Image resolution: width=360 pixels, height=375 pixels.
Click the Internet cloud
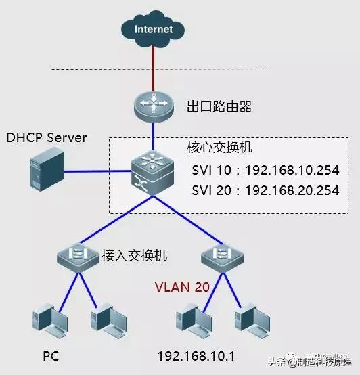tap(154, 30)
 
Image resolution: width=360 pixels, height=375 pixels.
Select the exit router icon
tap(154, 105)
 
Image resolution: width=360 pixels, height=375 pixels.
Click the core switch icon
tap(154, 175)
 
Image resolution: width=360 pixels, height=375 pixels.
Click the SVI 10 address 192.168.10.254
tap(292, 170)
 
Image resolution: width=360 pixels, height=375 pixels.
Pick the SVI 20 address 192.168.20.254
tap(292, 191)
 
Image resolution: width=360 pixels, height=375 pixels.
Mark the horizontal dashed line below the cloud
tap(162, 69)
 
